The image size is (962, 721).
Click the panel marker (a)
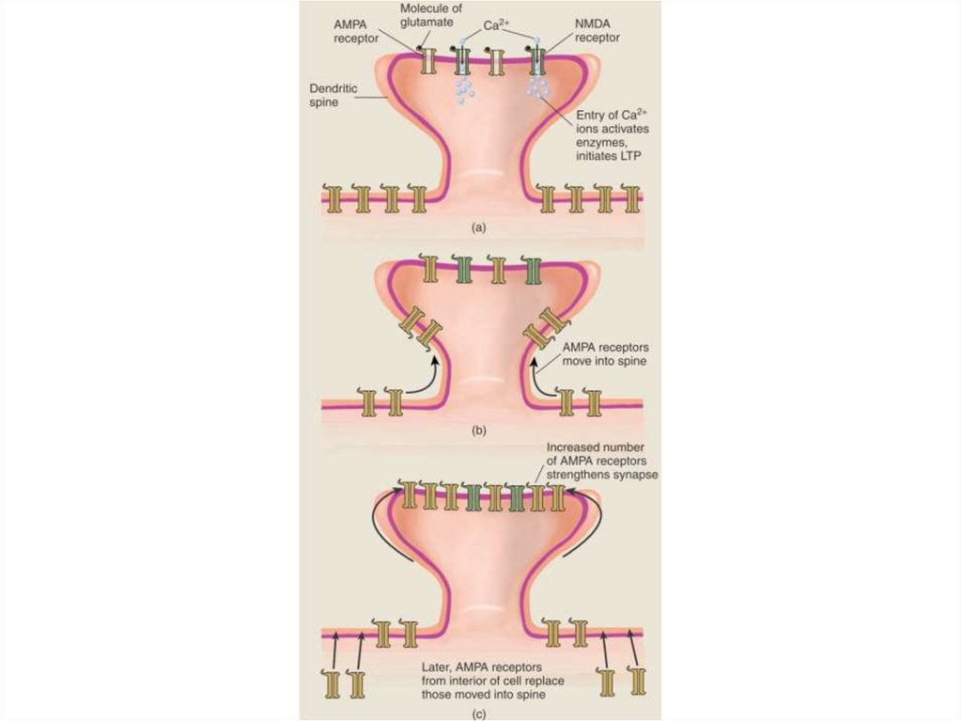478,227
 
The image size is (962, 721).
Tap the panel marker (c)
478,713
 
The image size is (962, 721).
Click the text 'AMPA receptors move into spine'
604,353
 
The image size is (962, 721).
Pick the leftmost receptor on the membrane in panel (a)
333,198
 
